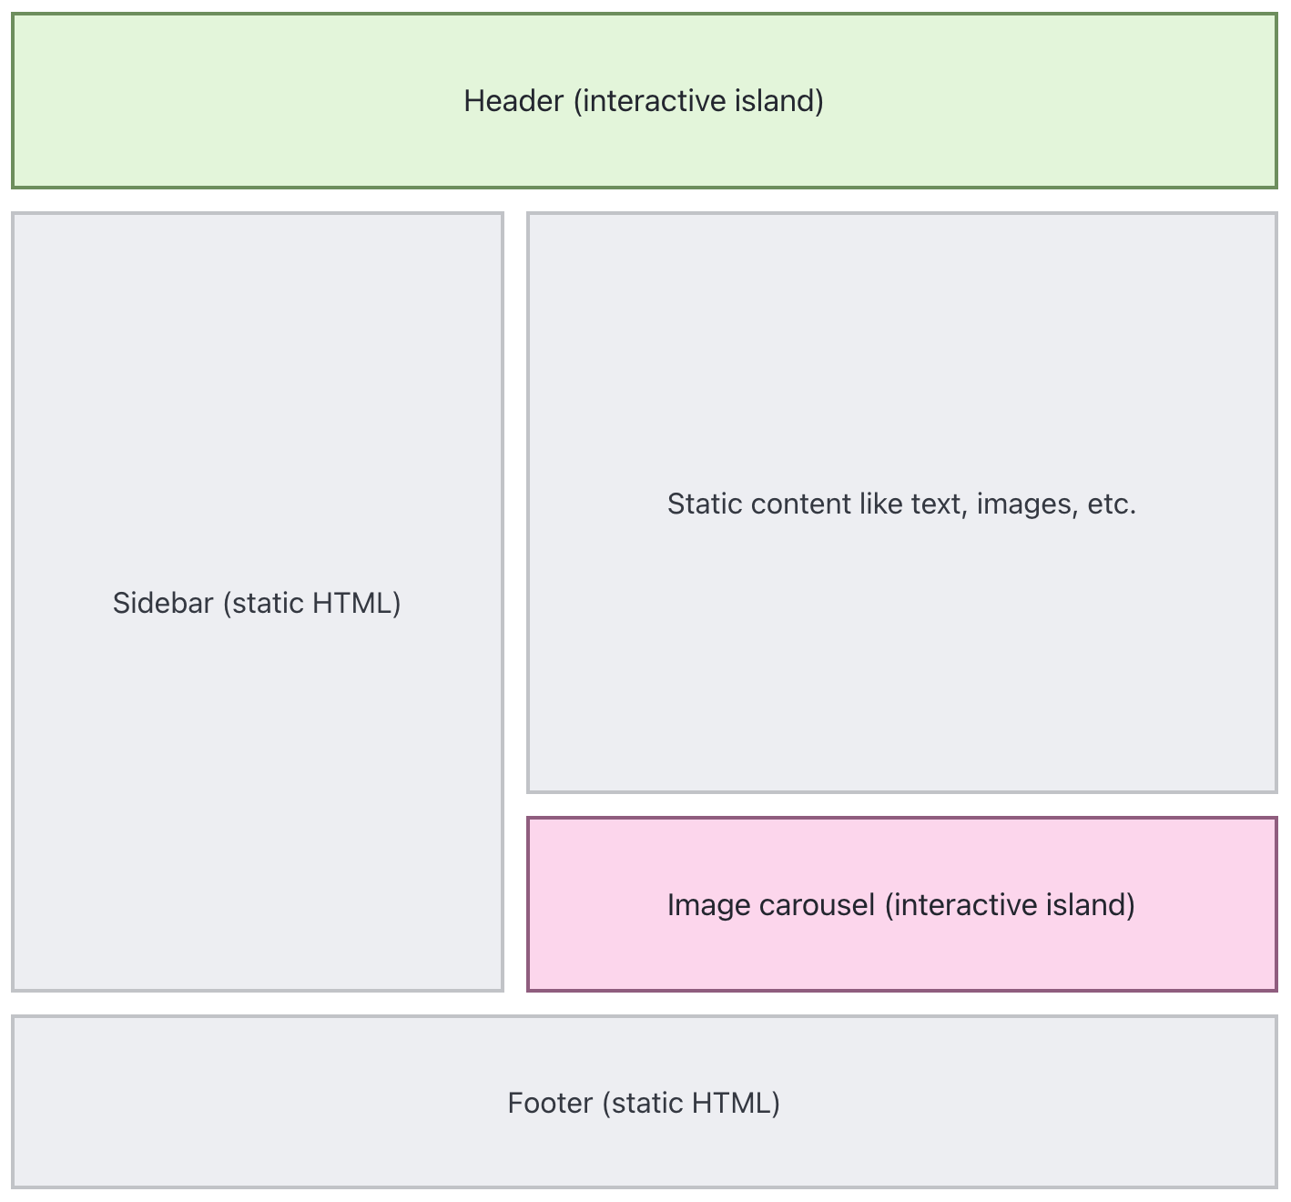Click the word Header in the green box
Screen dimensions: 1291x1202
pyautogui.click(x=513, y=101)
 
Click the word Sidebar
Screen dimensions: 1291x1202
pyautogui.click(x=163, y=603)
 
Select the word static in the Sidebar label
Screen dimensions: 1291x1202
pyautogui.click(x=262, y=604)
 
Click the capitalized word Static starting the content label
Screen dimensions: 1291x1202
pyautogui.click(x=705, y=504)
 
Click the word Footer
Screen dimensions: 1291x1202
pyautogui.click(x=551, y=1104)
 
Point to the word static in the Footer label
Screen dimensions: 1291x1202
pyautogui.click(x=642, y=1104)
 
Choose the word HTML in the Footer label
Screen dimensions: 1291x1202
pyautogui.click(x=736, y=1104)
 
